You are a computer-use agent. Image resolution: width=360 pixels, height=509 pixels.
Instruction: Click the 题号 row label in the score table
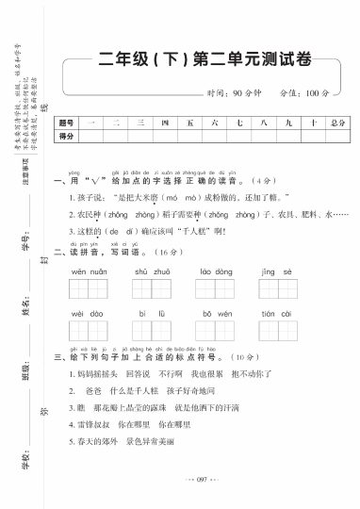65,123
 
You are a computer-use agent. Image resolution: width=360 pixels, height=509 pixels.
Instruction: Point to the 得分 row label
65,137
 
